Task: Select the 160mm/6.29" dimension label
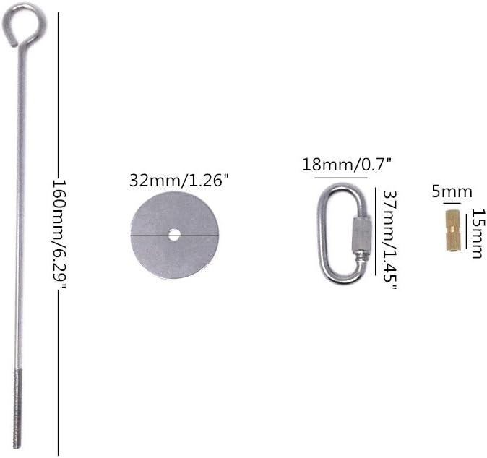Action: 59,234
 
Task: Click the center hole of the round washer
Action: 174,235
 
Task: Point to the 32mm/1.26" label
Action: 179,180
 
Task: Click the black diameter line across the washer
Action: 175,236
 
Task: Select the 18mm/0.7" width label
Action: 347,165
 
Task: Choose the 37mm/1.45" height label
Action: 389,239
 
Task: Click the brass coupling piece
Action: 453,230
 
